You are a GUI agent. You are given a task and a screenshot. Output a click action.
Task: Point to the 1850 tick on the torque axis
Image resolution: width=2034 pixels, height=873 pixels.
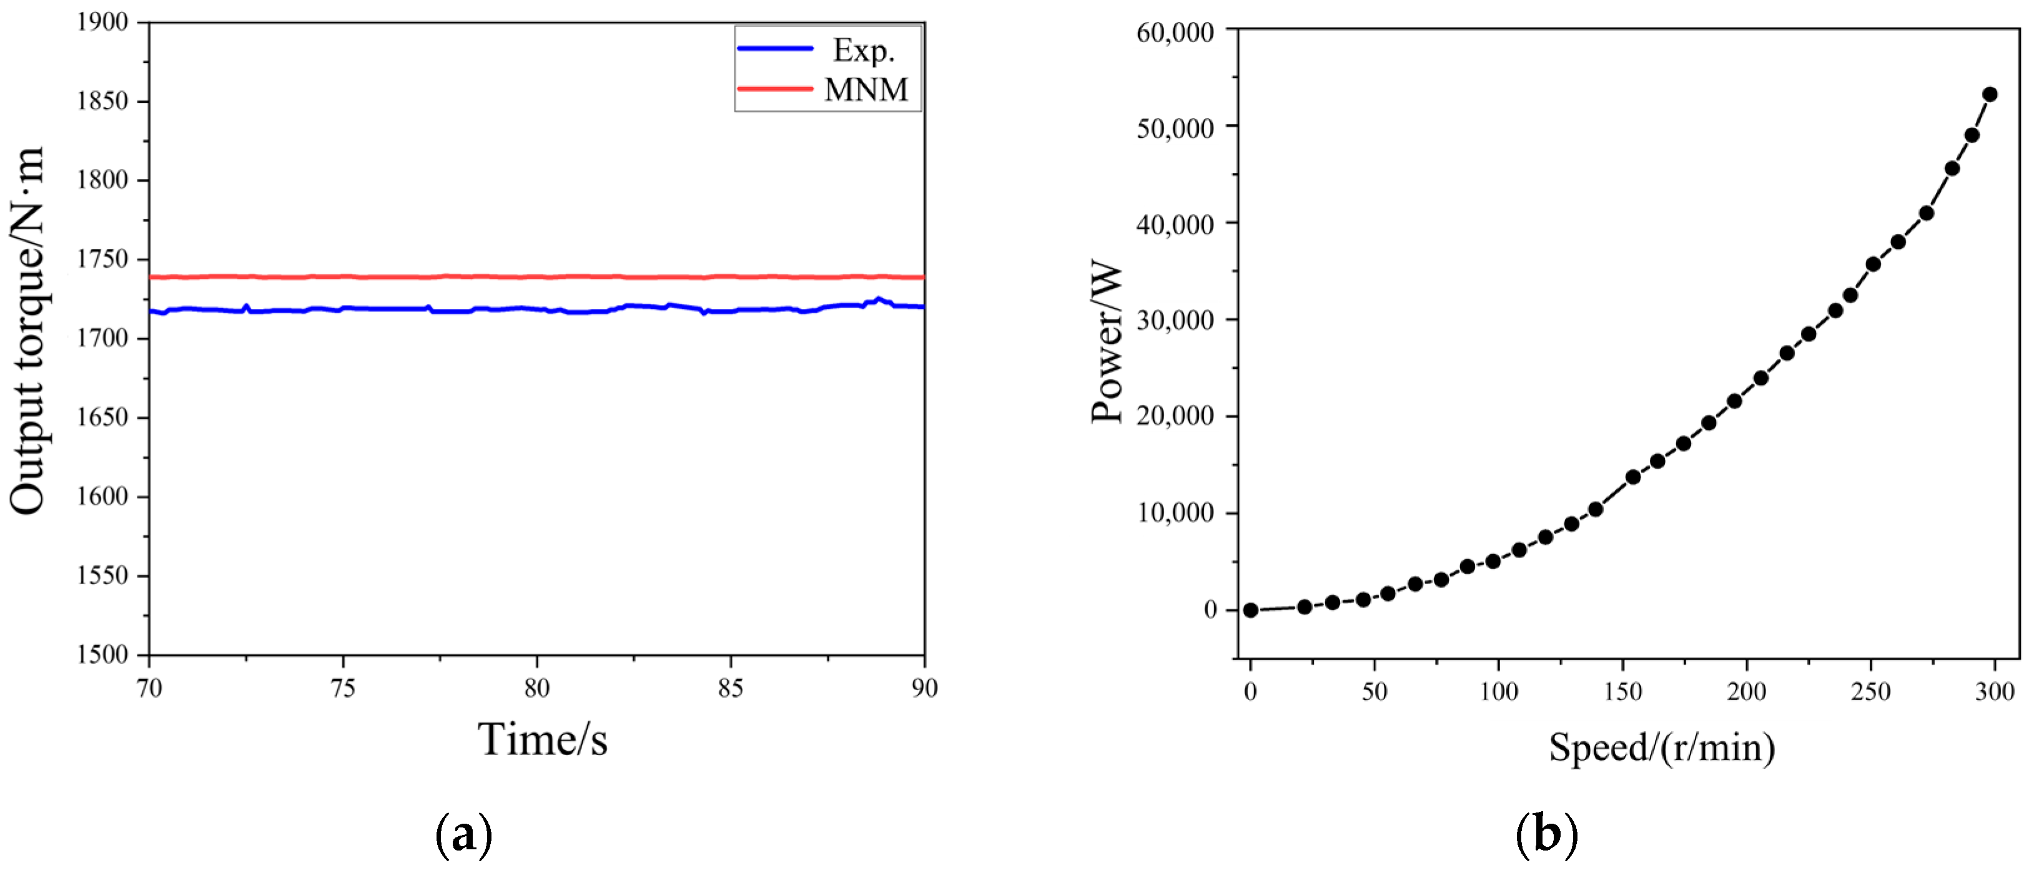pos(102,101)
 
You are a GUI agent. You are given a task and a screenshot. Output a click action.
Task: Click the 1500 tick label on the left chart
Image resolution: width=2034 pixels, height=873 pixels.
pos(102,655)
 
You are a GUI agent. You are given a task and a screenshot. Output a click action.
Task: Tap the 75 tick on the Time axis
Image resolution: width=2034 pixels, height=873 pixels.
pos(343,688)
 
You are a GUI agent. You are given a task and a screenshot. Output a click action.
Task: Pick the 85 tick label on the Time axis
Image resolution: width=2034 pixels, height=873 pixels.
pos(731,688)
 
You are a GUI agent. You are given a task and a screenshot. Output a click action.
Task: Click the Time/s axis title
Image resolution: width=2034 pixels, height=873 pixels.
pos(543,740)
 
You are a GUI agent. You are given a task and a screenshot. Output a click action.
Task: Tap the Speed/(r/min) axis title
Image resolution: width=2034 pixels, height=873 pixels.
pos(1661,747)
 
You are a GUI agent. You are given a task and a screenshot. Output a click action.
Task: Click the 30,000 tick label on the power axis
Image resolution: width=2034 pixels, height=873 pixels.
pos(1175,319)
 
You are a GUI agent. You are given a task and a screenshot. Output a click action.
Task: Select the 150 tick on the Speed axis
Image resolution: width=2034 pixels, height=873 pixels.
pos(1622,691)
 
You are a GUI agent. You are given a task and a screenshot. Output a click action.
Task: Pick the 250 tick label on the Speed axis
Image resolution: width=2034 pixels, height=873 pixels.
pos(1870,691)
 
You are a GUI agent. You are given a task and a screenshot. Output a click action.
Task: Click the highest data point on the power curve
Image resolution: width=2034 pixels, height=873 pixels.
pos(1990,95)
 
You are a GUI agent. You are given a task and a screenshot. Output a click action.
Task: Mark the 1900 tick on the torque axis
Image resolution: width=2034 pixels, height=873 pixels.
pos(102,22)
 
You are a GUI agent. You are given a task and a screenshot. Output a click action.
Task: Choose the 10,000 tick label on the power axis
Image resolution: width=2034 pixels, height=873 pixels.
pos(1175,513)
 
